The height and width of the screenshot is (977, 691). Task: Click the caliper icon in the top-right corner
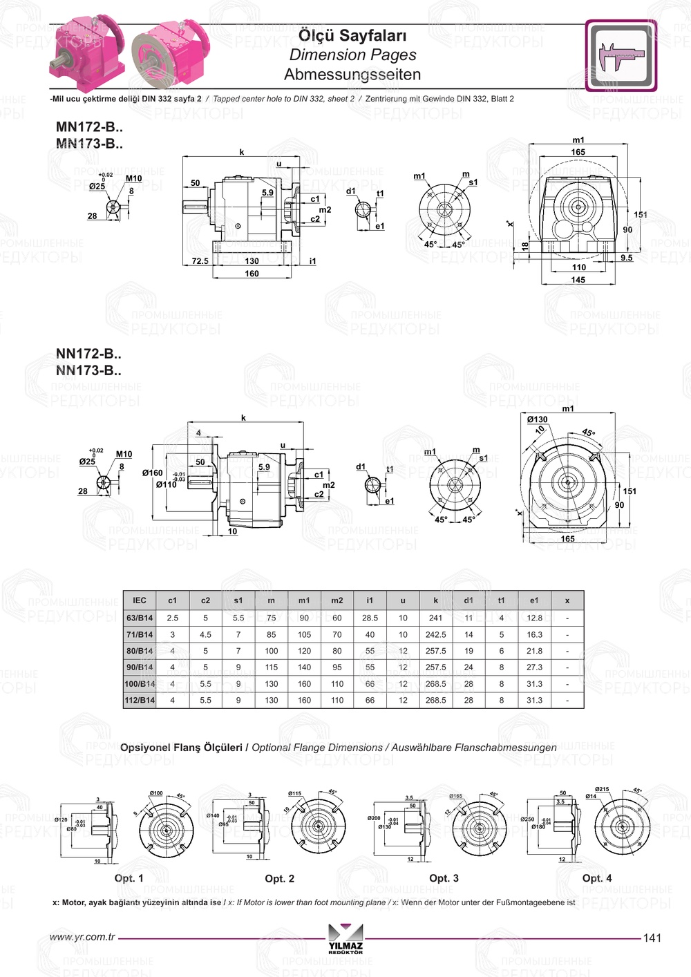pos(621,56)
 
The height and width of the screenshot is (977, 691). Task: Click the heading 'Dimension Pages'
pos(352,55)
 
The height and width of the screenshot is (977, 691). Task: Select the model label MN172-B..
pos(89,127)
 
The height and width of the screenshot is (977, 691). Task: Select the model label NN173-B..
pos(88,370)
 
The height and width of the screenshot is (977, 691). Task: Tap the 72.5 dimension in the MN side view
pos(200,261)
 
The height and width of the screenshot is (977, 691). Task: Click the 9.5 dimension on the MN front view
pos(626,258)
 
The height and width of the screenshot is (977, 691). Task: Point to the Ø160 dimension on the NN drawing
pos(152,473)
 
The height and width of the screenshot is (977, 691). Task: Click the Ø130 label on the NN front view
pos(537,419)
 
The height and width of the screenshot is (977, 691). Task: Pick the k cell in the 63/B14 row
pos(435,618)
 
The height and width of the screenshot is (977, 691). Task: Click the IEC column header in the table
pos(140,600)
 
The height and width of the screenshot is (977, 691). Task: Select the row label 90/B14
pos(140,667)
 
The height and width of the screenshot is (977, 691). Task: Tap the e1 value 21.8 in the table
pos(534,651)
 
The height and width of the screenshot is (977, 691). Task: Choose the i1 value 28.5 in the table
pos(370,618)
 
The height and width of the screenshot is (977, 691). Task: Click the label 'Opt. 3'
pos(444,878)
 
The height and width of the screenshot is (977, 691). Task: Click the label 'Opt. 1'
pos(129,878)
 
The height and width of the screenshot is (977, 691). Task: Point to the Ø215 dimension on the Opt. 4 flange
pos(602,789)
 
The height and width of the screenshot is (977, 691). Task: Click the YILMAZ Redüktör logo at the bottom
pos(345,938)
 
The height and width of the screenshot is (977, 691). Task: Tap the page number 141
pos(652,938)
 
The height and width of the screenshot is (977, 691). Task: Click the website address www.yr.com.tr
pos(82,937)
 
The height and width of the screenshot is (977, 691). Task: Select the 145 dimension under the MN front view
pos(578,280)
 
